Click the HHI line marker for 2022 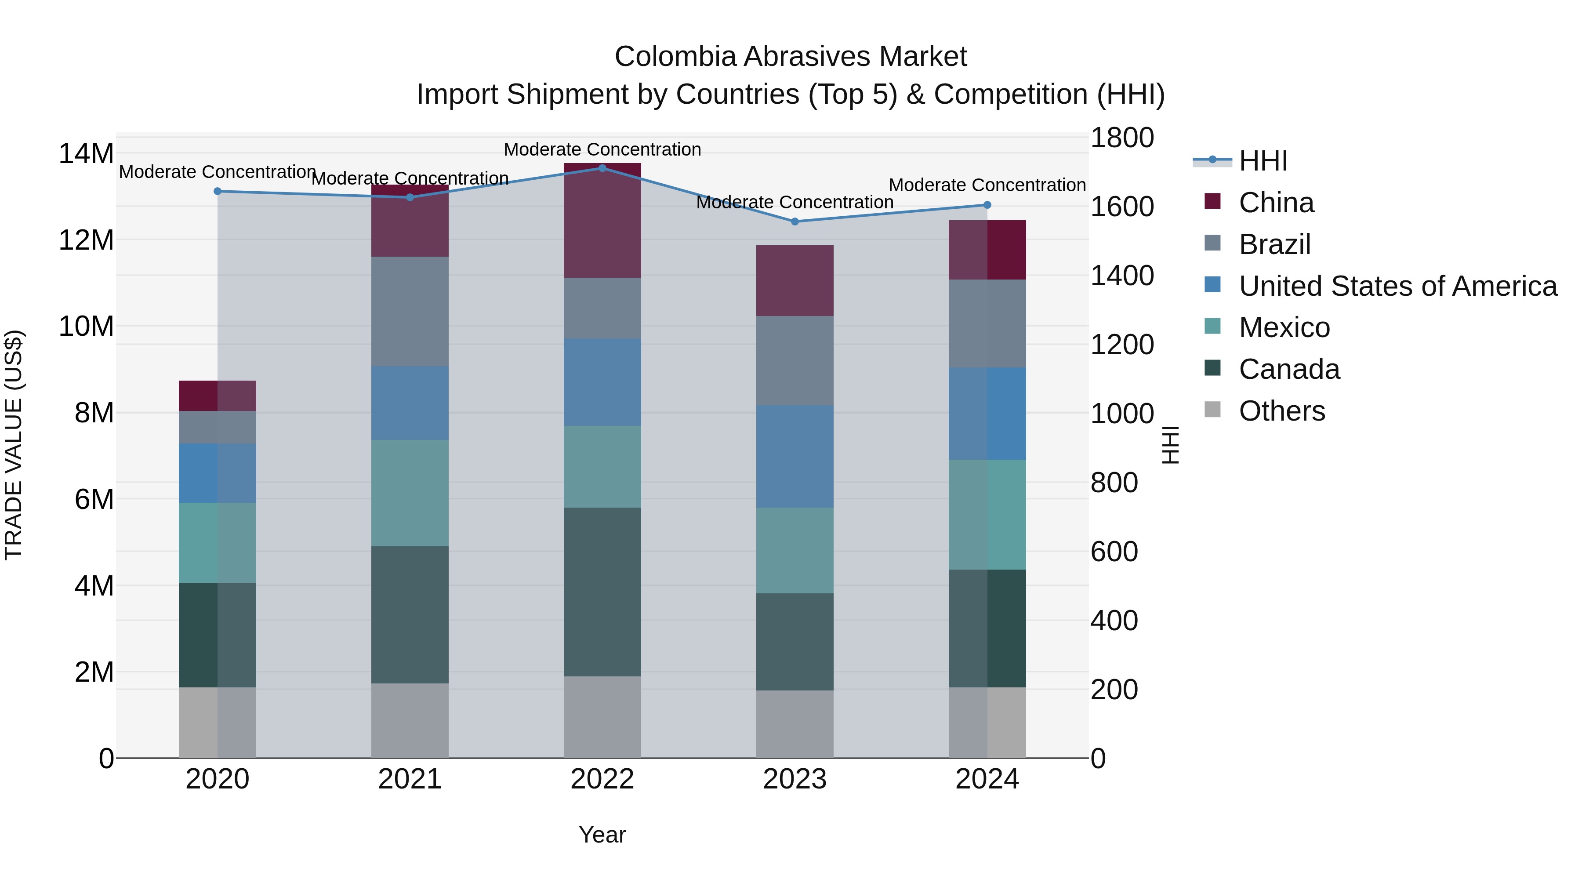coord(602,168)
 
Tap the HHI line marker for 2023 coord(795,222)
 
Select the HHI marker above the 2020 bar coord(218,192)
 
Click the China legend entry coord(1276,203)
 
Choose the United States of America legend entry coord(1397,286)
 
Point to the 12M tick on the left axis coord(86,240)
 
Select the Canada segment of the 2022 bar coord(602,592)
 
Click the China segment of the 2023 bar coord(795,281)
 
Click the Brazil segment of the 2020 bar coord(218,428)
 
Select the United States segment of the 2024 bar coord(987,414)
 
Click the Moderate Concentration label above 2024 coord(987,185)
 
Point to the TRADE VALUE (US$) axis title coord(14,445)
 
